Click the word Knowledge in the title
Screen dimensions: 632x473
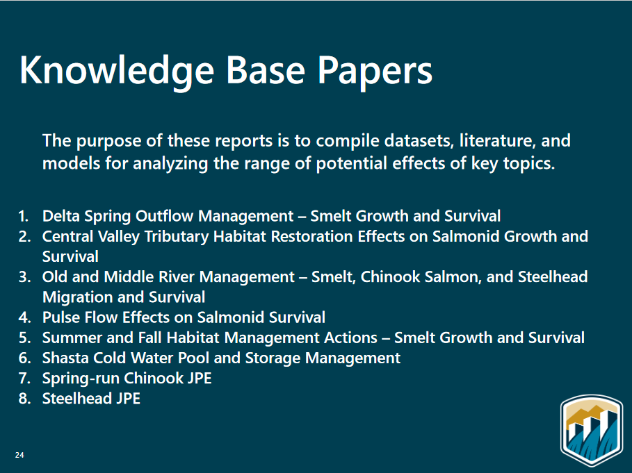[117, 72]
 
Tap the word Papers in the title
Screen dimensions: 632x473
[375, 72]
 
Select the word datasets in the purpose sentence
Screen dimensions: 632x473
[419, 140]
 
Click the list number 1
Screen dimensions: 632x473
[24, 216]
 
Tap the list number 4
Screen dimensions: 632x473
[24, 317]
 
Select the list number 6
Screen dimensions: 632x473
[24, 358]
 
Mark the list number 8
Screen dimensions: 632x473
[24, 399]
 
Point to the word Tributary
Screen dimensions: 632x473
[176, 236]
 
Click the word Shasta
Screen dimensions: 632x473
[65, 358]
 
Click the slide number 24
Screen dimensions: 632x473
[19, 455]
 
